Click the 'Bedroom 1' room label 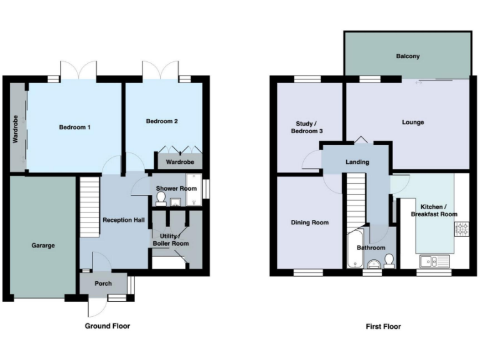point(75,127)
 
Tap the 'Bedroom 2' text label point(162,121)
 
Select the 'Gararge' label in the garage point(43,246)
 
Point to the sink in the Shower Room point(176,202)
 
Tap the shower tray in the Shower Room point(193,194)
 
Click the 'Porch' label point(103,284)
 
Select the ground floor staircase point(89,206)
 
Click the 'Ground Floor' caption point(107,326)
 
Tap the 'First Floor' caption point(383,326)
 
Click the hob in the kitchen point(463,229)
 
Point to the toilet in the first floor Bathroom point(389,260)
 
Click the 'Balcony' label point(407,56)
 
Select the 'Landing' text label point(357,162)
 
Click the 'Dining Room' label point(309,222)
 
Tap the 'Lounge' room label point(412,122)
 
